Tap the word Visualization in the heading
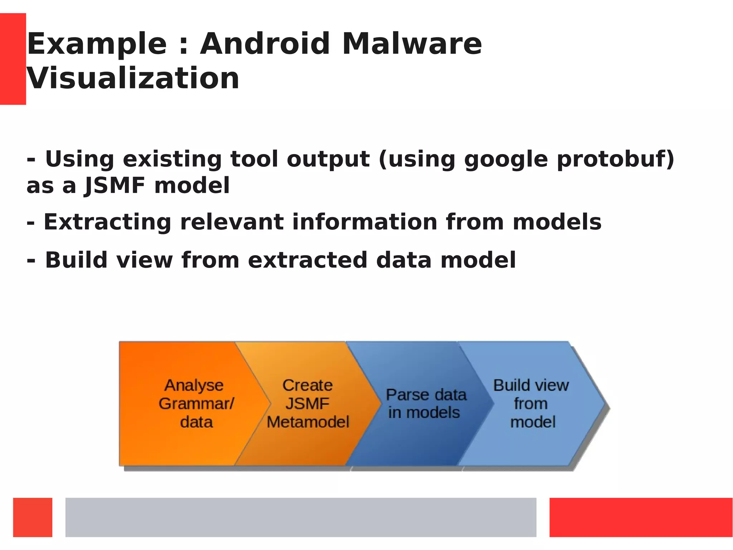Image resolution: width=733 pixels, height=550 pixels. (133, 79)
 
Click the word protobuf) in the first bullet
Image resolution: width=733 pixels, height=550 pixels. (615, 159)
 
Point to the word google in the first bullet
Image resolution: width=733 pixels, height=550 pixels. (506, 160)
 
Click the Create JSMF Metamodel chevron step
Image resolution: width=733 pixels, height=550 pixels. (307, 403)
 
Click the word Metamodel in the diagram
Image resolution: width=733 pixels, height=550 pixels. (307, 422)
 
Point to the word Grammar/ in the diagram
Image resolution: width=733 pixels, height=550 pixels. (196, 404)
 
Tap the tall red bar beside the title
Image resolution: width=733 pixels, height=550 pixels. (13, 59)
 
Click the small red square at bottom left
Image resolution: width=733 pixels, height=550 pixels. (33, 517)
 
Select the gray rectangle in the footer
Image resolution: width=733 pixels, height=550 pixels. (301, 517)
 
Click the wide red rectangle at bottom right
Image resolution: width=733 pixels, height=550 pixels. (641, 517)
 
